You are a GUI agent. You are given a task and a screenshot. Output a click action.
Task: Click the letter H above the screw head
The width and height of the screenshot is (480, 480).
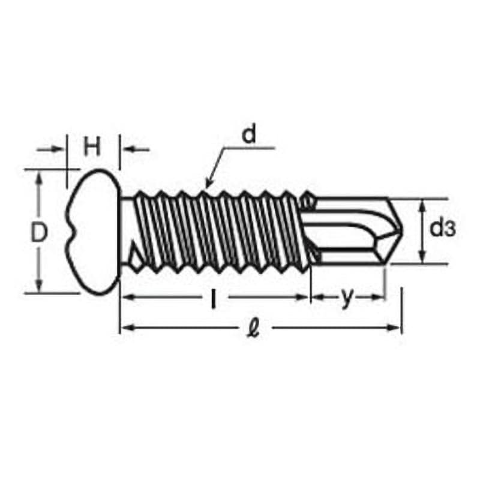point(92,146)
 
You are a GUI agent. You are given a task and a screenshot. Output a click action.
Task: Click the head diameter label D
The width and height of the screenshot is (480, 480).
point(39,232)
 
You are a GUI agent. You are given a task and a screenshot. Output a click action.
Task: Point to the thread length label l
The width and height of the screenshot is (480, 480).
point(214,299)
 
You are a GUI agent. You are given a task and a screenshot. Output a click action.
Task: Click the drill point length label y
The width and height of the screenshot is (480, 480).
point(347,297)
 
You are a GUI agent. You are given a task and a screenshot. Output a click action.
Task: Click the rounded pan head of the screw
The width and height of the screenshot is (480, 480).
point(93,232)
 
